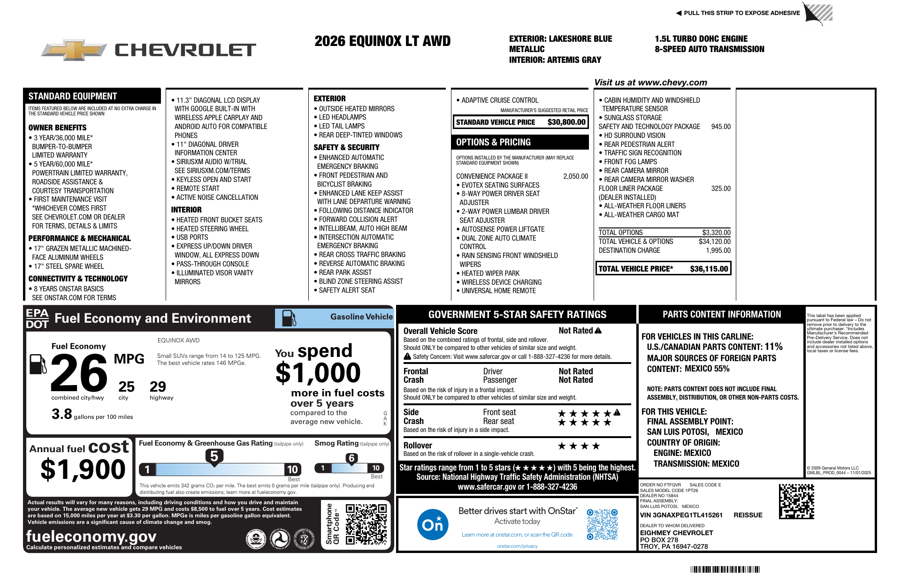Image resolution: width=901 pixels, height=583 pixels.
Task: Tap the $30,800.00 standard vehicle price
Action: point(566,122)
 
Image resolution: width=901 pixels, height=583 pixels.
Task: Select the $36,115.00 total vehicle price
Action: point(709,269)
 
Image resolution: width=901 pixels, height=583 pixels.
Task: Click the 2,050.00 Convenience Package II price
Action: point(575,176)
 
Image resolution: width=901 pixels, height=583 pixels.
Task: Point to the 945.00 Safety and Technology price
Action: point(721,127)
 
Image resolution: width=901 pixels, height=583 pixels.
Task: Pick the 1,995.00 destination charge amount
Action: point(718,250)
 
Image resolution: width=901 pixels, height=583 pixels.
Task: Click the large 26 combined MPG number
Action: point(79,373)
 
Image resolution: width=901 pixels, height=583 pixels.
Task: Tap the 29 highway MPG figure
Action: point(158,387)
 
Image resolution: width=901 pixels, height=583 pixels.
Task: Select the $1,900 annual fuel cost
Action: point(83,469)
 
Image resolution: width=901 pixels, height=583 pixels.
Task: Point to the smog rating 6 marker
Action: point(351,458)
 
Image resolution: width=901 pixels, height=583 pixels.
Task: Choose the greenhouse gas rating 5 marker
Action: point(214,456)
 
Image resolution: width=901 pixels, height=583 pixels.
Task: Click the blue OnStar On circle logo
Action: point(432,524)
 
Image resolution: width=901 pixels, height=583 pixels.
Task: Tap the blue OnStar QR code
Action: point(602,524)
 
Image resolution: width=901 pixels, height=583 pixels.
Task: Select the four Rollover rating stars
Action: point(579,446)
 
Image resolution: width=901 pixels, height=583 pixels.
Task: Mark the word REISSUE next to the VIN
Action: point(748,515)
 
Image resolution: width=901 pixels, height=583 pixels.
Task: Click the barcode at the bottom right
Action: point(725,569)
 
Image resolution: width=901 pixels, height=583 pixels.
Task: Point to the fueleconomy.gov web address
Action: point(91,536)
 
